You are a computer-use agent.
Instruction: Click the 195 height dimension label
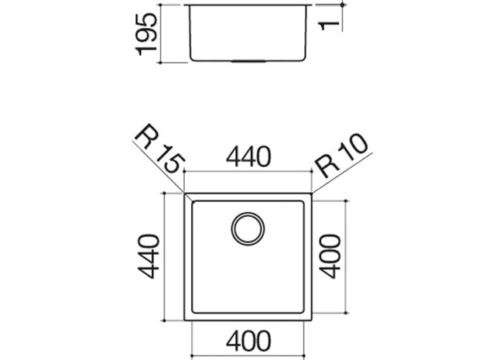(x=146, y=34)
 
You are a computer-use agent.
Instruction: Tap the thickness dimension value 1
(x=330, y=26)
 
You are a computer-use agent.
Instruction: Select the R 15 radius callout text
(x=159, y=148)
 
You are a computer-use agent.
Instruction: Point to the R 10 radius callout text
(x=341, y=155)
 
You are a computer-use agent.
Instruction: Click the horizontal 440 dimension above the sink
(x=248, y=156)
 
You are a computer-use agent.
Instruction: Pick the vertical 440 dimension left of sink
(x=148, y=256)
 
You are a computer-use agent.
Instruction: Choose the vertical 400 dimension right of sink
(x=330, y=256)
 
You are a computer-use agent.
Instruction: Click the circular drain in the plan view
(x=248, y=228)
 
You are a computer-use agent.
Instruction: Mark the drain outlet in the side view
(x=248, y=60)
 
